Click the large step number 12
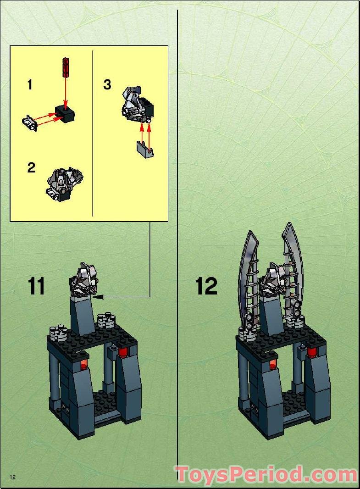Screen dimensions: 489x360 click(206, 286)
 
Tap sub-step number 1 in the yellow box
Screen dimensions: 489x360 click(30, 85)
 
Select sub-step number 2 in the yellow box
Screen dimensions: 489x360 click(31, 167)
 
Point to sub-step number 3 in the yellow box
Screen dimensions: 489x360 click(107, 85)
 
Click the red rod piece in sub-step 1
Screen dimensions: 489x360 click(66, 67)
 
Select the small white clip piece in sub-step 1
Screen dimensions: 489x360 click(29, 123)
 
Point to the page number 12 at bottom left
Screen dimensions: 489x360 click(12, 477)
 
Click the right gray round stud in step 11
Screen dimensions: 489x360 click(106, 320)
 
